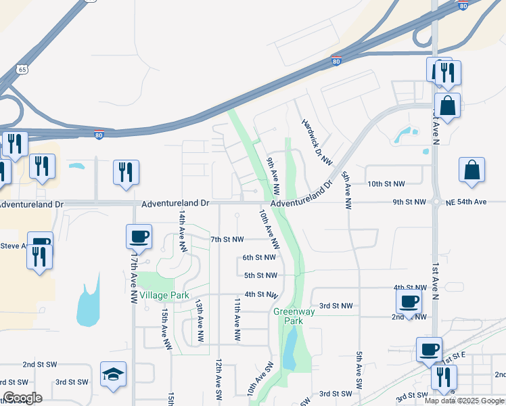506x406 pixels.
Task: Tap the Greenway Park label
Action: coord(288,316)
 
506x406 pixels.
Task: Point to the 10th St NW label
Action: coord(386,184)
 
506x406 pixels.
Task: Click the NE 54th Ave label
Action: coord(466,202)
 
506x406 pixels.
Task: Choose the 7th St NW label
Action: coord(227,240)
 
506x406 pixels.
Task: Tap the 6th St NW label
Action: coord(259,257)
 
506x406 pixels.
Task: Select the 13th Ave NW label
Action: coord(200,320)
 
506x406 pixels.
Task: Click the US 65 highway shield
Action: coord(23,69)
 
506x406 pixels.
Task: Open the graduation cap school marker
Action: coord(114,374)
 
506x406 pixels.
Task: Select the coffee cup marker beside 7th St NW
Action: coord(139,237)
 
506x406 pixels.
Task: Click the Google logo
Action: coord(22,398)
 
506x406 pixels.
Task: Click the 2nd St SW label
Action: coord(38,364)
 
